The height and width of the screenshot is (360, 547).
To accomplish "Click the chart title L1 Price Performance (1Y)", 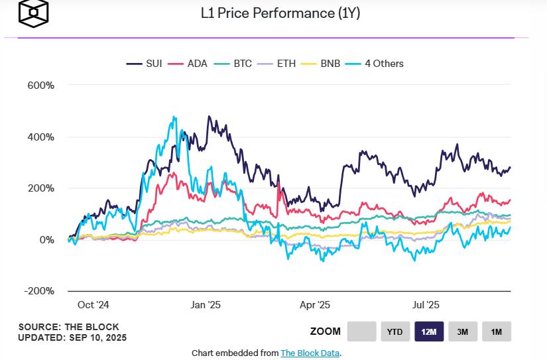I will coord(280,13).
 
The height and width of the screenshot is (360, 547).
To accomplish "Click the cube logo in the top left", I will coord(33,13).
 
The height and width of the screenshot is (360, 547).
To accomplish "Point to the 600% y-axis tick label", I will coord(40,86).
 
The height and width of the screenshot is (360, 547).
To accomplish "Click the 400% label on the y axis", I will coord(40,137).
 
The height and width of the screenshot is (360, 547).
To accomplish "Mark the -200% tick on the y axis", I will coord(39,291).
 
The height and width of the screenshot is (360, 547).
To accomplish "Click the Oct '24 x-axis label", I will coord(93,305).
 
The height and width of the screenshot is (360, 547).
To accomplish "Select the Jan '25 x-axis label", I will coord(206,305).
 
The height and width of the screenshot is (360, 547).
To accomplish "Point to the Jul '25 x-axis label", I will coord(425,305).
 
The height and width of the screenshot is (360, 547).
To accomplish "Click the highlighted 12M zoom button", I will coord(429,331).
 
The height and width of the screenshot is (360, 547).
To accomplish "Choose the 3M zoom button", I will coord(462,331).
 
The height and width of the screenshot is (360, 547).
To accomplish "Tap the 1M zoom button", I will coord(496,331).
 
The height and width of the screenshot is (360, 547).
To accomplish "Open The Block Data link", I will coord(310,353).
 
